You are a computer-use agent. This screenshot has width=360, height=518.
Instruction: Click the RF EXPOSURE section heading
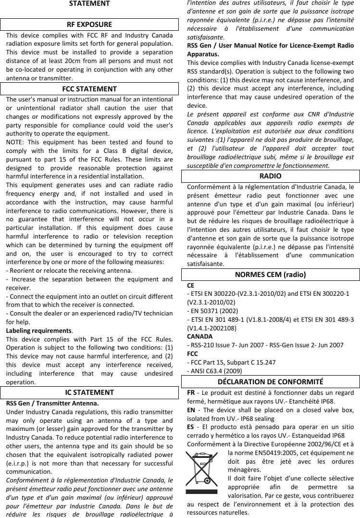click(89, 25)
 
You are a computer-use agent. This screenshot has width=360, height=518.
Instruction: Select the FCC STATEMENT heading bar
click(89, 89)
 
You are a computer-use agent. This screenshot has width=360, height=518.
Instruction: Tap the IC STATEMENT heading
click(89, 392)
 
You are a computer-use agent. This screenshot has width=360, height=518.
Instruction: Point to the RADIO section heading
click(270, 176)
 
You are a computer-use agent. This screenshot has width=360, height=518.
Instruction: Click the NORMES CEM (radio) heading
click(270, 275)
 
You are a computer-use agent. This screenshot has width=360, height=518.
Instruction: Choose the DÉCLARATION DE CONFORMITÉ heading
click(270, 382)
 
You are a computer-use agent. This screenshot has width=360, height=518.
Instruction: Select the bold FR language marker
click(191, 392)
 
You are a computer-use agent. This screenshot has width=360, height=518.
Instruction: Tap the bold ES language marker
click(191, 427)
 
